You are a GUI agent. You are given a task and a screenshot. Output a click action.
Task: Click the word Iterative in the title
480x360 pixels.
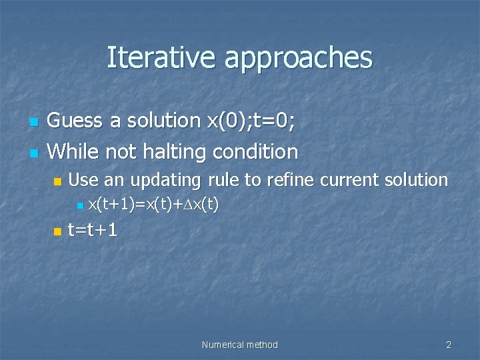[x=162, y=57]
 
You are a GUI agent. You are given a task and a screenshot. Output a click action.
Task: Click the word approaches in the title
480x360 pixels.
[x=298, y=59]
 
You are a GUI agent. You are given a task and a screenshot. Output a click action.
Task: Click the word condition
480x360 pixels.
[x=255, y=152]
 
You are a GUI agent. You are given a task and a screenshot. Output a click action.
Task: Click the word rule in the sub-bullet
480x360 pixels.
[x=223, y=179]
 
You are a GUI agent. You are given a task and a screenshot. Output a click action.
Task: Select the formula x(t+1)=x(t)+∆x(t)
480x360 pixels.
[x=153, y=204]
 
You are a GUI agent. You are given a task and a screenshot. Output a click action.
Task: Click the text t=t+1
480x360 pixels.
[x=93, y=231]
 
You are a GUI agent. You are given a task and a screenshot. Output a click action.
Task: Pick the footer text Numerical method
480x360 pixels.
[x=239, y=345]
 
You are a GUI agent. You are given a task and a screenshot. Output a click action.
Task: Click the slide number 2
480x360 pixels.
[x=449, y=345]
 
